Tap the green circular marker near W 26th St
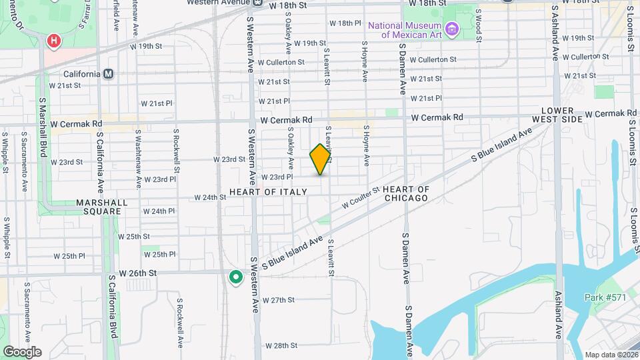click(235, 277)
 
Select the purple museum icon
click(453, 29)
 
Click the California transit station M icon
click(108, 73)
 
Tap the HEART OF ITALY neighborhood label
click(268, 192)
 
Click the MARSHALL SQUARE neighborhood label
click(79, 207)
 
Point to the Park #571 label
click(605, 297)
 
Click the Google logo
click(21, 351)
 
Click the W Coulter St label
click(361, 197)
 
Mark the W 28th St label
click(280, 345)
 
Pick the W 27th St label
click(279, 300)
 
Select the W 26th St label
click(137, 273)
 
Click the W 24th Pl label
click(158, 211)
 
